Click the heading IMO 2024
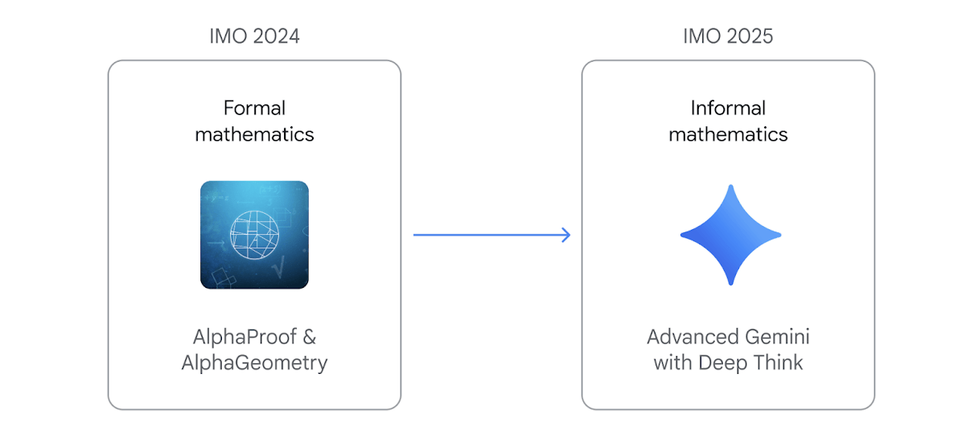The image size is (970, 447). pos(254,36)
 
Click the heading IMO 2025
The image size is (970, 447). pos(728,36)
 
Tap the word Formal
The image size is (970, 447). pos(254,108)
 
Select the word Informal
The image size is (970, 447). pos(728,108)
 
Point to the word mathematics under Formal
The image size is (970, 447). pos(254,134)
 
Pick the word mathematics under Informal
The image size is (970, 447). pos(728,134)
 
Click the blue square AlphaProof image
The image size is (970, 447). pos(254,235)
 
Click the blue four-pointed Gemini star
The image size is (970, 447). pos(730,235)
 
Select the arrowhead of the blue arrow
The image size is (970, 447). pos(565,235)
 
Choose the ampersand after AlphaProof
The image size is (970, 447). pos(310,336)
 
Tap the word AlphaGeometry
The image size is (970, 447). pos(254,363)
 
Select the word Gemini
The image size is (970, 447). pos(779,336)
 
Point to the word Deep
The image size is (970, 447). pos(722,363)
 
